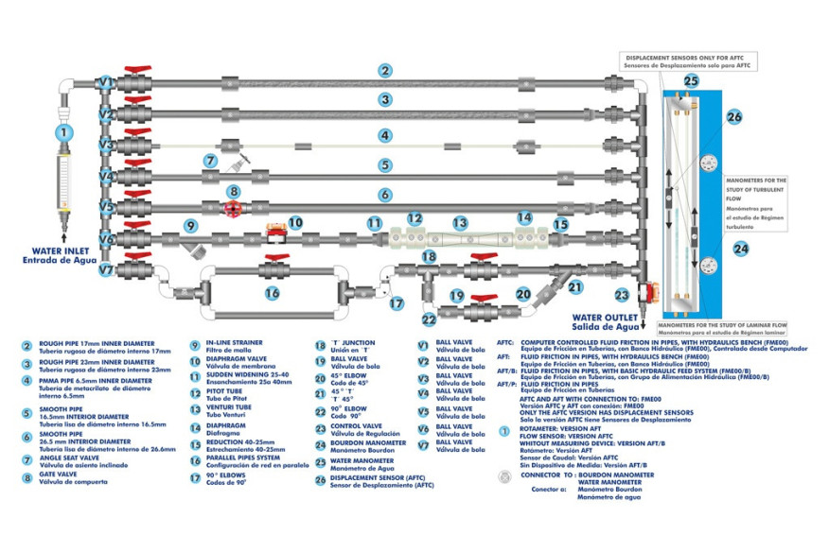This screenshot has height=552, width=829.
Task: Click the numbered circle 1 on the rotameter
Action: [63, 133]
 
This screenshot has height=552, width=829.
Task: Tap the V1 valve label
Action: [106, 82]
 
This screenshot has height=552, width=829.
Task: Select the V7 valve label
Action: [106, 270]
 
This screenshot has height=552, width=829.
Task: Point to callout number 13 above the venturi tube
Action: [459, 224]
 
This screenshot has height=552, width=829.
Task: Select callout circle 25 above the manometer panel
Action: [691, 82]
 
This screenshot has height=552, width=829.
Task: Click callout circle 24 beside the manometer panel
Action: [740, 249]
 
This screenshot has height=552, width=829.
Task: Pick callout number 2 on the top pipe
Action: [384, 70]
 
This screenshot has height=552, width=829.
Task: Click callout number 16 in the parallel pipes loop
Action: [273, 293]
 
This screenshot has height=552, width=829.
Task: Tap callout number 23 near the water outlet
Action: [622, 294]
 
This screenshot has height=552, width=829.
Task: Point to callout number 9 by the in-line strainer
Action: [190, 226]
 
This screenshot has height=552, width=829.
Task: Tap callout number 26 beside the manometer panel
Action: [734, 117]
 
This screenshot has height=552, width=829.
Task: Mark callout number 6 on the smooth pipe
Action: [384, 195]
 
